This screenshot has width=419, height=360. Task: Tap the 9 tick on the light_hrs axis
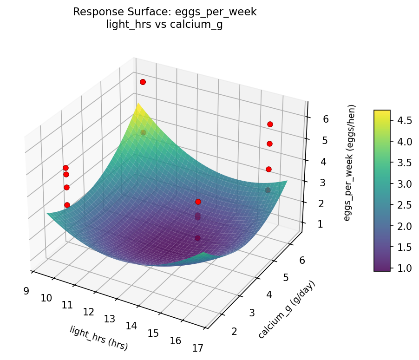[x=26, y=291]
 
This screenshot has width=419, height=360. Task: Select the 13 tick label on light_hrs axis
[x=109, y=319]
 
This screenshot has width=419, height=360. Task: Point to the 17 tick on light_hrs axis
[x=197, y=348]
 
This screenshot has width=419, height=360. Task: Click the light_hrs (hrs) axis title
[x=98, y=338]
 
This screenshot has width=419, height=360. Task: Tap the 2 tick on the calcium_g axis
[x=234, y=331]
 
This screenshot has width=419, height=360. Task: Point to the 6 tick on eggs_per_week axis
[x=326, y=119]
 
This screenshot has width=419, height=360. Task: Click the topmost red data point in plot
[x=143, y=82]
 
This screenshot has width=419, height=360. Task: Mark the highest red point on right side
[x=270, y=124]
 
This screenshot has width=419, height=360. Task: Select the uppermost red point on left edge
[x=65, y=168]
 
